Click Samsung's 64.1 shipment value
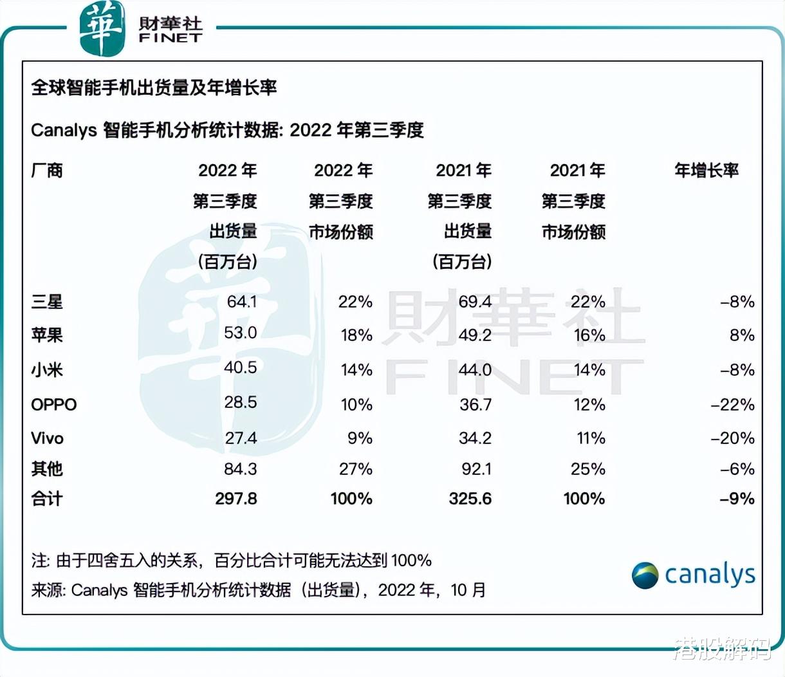click(x=241, y=302)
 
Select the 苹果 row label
click(x=47, y=335)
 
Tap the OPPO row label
click(x=54, y=405)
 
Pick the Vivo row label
click(x=48, y=438)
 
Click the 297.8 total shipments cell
click(x=235, y=499)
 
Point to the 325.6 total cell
click(x=470, y=499)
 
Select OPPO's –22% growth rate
click(x=732, y=405)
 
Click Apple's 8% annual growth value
click(x=741, y=335)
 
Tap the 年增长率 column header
click(x=706, y=171)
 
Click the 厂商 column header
click(x=47, y=171)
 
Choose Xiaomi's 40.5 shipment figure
click(x=240, y=367)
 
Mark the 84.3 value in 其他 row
click(x=240, y=469)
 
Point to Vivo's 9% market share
click(x=360, y=438)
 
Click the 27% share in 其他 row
click(x=356, y=469)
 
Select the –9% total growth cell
click(x=737, y=499)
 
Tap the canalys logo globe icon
click(x=645, y=575)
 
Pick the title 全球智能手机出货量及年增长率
click(x=154, y=88)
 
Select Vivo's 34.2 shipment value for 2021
click(x=475, y=438)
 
